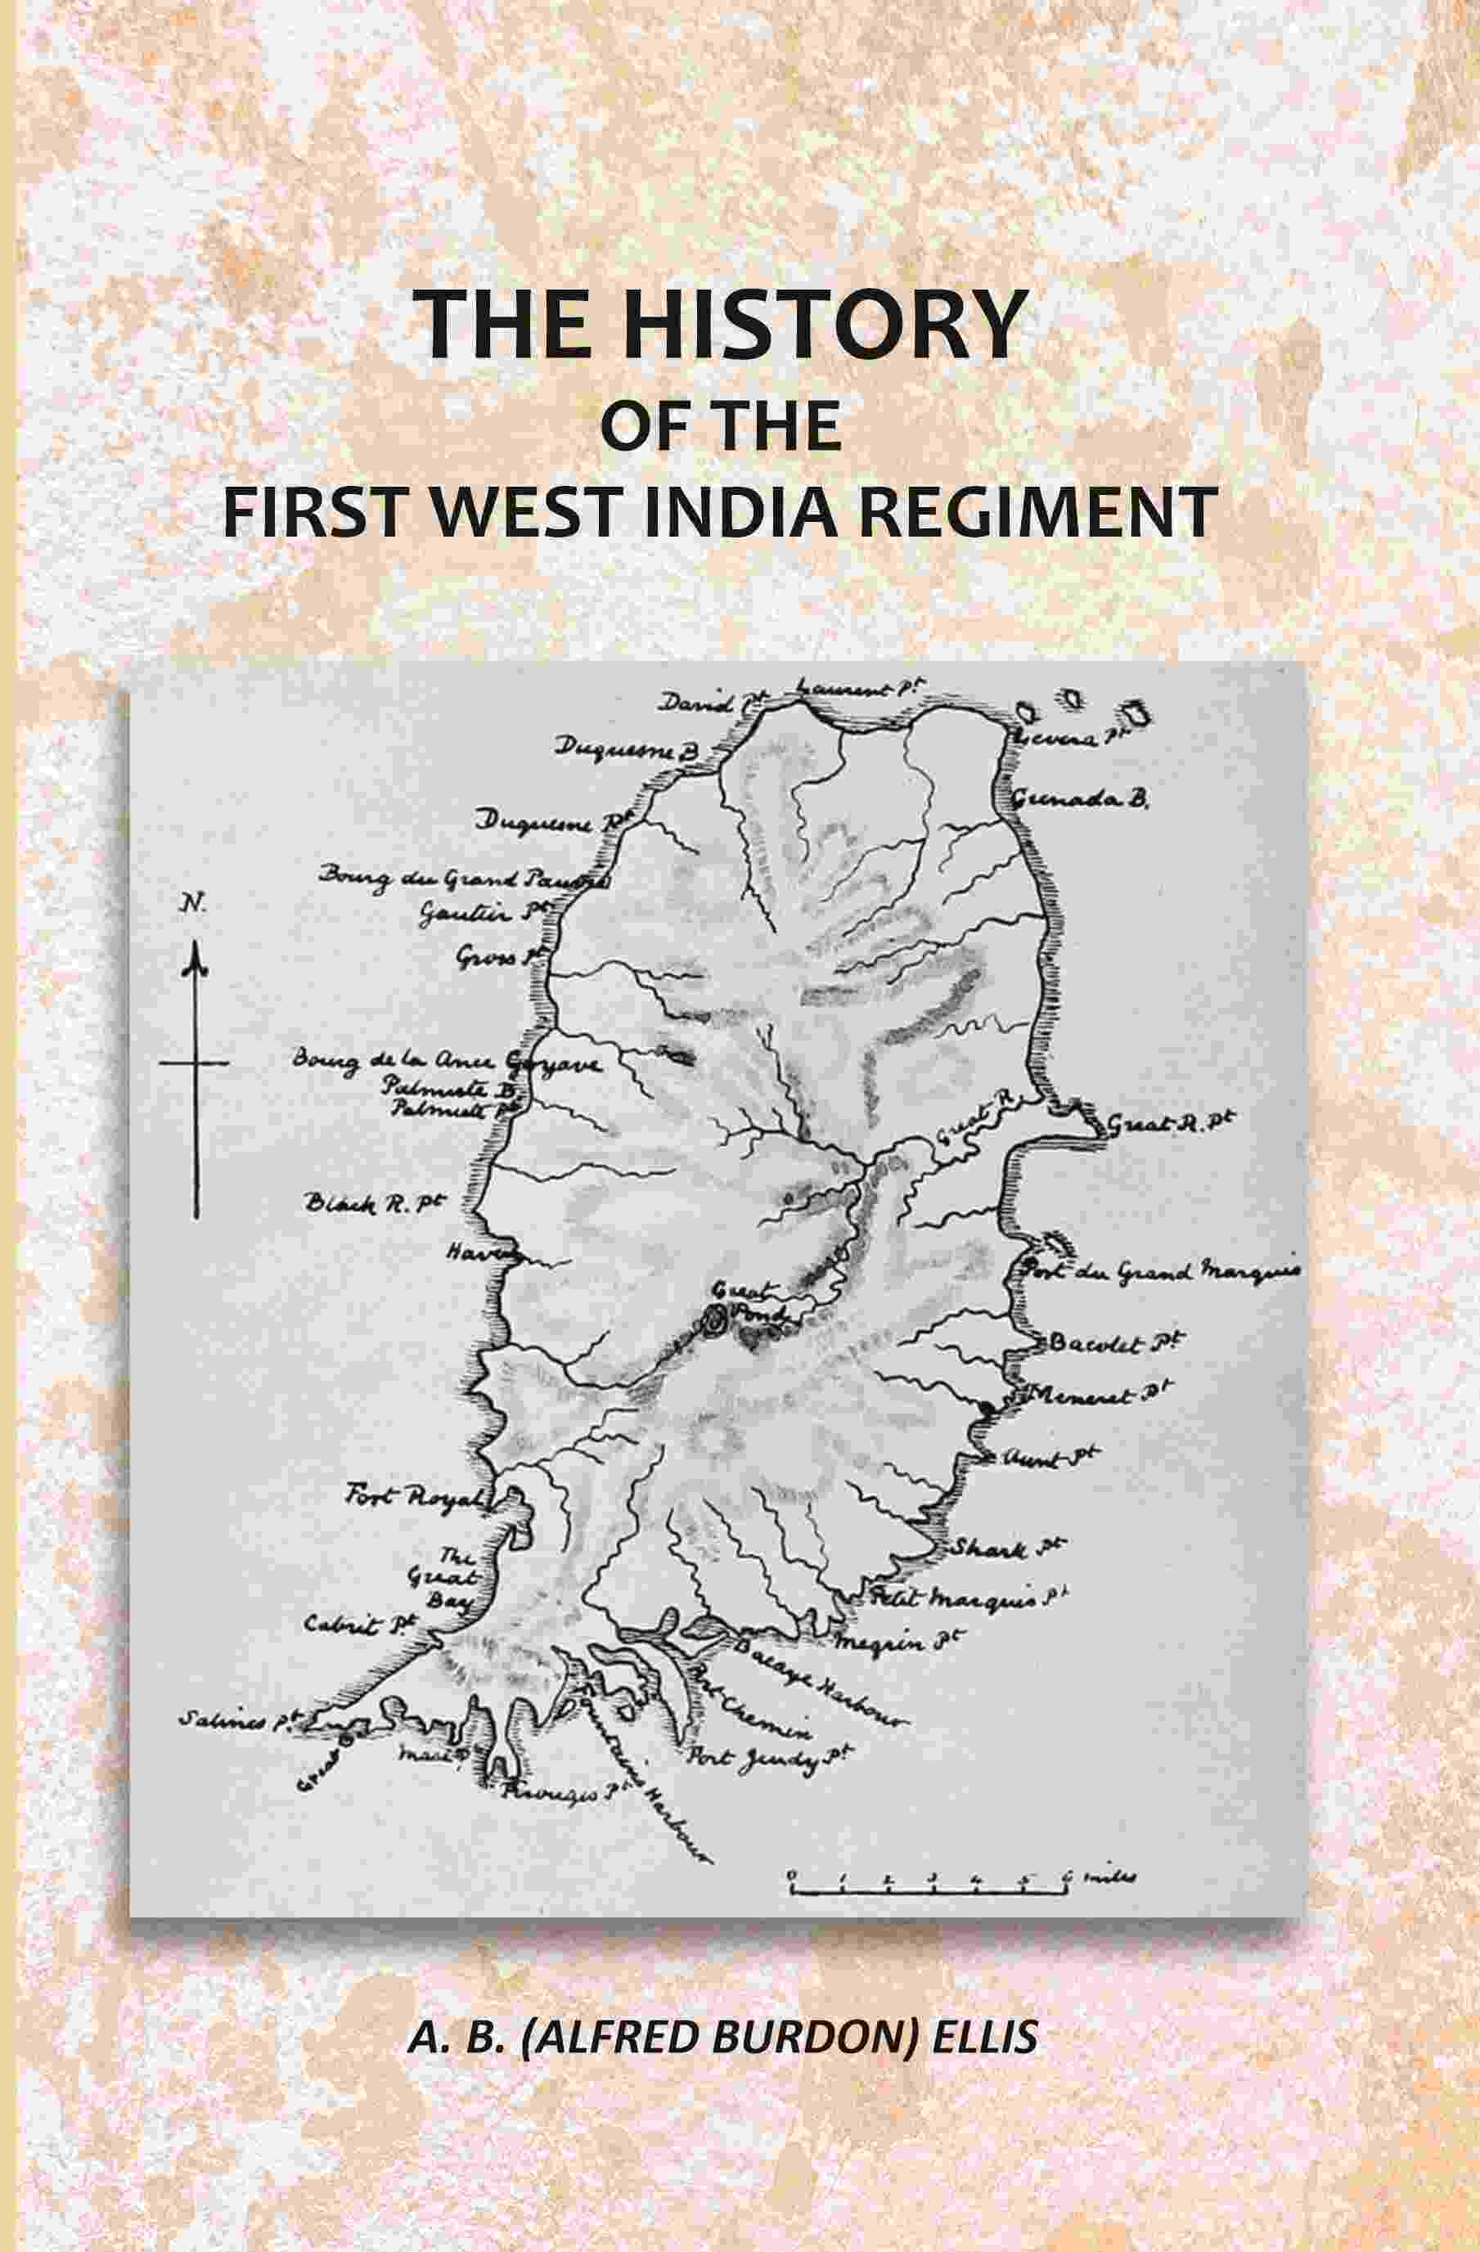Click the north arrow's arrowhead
(196, 960)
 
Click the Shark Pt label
(1002, 1550)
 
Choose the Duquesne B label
(624, 749)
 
